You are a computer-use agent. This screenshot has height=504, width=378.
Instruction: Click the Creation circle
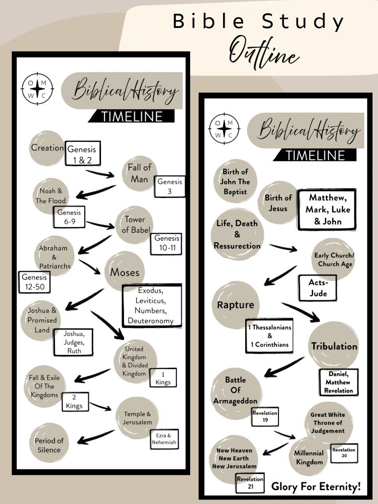tap(47, 148)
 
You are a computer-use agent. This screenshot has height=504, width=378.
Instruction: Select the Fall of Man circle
tap(139, 174)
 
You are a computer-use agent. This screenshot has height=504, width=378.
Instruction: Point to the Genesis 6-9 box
tap(69, 217)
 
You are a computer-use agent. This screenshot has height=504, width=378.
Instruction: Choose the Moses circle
tap(125, 272)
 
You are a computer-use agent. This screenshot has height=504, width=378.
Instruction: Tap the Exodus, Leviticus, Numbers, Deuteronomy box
tap(151, 306)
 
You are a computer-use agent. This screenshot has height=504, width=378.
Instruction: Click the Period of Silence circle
tap(49, 445)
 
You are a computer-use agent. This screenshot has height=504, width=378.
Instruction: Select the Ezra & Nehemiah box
tap(164, 439)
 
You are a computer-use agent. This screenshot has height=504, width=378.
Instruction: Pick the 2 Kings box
tap(75, 401)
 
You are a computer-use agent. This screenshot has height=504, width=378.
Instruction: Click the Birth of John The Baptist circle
tap(235, 181)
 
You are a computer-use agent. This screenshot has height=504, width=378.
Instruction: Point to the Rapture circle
tap(235, 304)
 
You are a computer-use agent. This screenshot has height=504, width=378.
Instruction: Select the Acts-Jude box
tap(317, 288)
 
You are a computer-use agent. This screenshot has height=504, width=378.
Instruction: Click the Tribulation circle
tap(334, 346)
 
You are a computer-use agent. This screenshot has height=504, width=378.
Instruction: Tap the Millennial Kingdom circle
tap(309, 457)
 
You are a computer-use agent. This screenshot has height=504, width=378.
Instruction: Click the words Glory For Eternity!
tap(316, 487)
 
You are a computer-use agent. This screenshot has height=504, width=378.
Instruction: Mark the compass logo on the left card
tap(37, 89)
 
